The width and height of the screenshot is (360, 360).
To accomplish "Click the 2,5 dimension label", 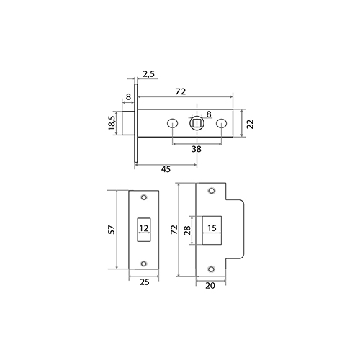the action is [148, 74].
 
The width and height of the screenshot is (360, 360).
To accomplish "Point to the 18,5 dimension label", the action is [112, 123].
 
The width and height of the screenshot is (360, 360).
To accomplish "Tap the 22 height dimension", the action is [250, 124].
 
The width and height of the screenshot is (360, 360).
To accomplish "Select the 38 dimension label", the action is [197, 149].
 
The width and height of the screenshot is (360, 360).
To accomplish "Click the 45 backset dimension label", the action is [166, 169].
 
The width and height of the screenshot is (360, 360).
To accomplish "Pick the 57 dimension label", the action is [112, 230].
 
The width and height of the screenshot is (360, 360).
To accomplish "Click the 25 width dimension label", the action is [145, 282].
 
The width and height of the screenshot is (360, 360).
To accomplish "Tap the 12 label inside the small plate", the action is [144, 228].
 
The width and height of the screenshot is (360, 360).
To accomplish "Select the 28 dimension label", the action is [187, 230].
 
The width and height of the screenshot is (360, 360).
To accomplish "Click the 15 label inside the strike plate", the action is [212, 228].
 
